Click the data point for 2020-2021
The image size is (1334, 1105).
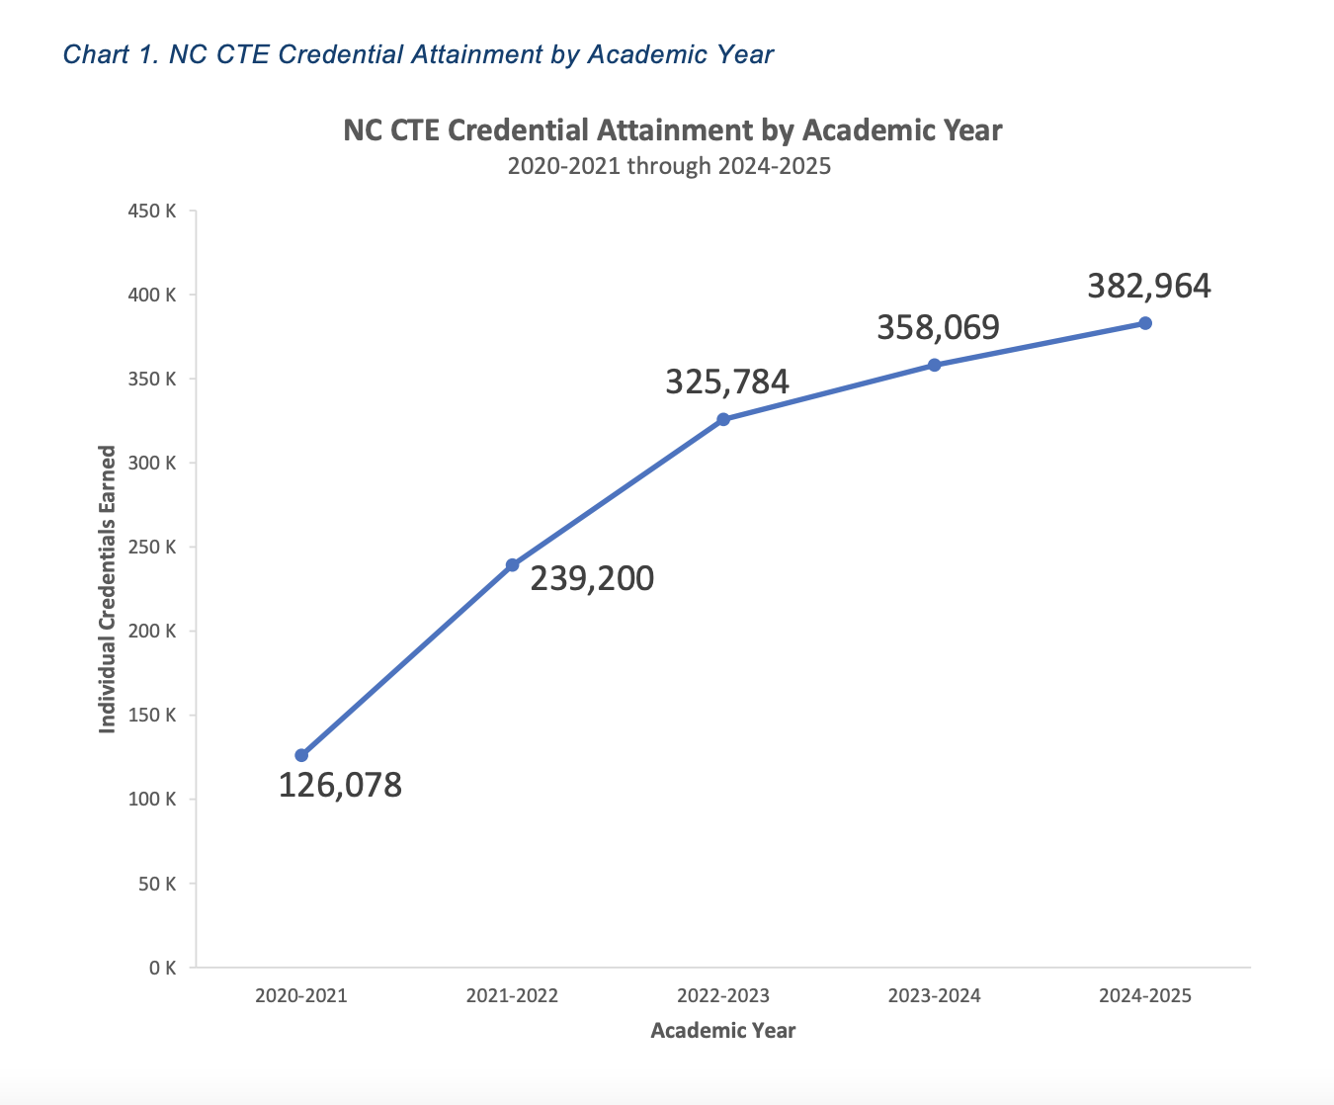click(x=301, y=755)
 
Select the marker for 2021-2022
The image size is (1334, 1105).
click(x=512, y=565)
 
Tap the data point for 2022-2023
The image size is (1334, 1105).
click(x=723, y=419)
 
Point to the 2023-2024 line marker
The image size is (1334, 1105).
click(x=934, y=365)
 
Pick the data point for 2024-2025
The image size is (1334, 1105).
click(x=1145, y=323)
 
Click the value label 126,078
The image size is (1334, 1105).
click(x=340, y=786)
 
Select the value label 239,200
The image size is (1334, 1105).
click(x=592, y=578)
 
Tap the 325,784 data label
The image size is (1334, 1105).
click(x=727, y=382)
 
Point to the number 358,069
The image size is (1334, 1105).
click(x=938, y=327)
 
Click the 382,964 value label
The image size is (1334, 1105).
click(x=1149, y=286)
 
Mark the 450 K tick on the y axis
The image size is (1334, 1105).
click(x=152, y=212)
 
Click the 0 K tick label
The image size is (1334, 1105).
click(x=163, y=968)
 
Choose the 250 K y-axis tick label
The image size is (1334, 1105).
click(x=152, y=548)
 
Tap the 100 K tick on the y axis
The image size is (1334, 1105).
click(x=152, y=800)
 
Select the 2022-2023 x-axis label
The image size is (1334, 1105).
click(x=723, y=995)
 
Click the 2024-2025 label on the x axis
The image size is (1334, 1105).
click(x=1145, y=995)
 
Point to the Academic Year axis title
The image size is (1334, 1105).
click(x=723, y=1031)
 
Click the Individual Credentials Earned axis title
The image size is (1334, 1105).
click(x=108, y=589)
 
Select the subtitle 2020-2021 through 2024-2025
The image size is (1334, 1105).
click(x=669, y=166)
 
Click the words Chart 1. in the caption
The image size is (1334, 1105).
click(x=111, y=54)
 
